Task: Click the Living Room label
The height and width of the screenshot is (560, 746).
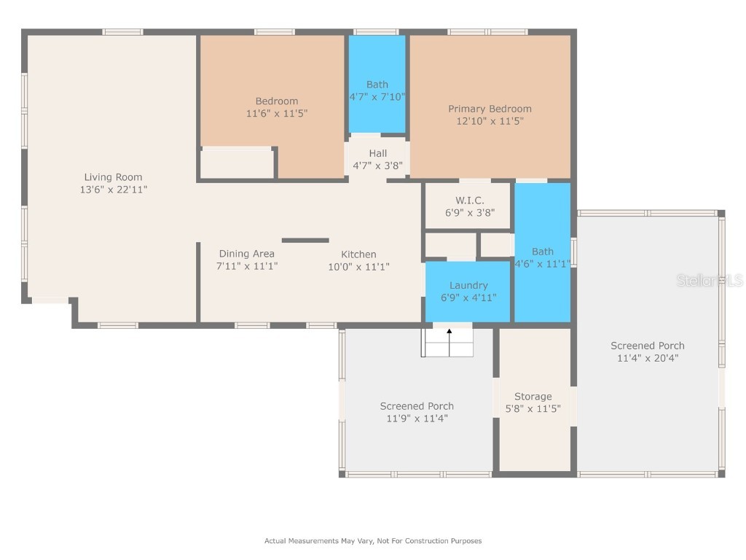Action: click(113, 176)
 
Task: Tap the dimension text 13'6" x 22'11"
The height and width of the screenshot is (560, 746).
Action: click(113, 190)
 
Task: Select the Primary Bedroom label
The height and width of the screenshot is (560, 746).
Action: click(490, 109)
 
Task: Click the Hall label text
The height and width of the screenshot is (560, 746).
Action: click(377, 153)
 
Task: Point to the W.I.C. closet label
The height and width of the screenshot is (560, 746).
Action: click(469, 201)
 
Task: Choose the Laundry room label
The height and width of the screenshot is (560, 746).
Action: click(468, 285)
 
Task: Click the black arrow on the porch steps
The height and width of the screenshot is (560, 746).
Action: click(449, 332)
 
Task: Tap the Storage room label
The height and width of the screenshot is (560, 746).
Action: click(533, 397)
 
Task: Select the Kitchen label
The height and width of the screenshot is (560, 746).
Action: click(358, 254)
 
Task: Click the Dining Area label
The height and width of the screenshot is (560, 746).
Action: click(247, 254)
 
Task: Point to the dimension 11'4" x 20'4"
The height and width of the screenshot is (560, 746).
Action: click(647, 358)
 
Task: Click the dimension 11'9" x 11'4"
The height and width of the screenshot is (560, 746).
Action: click(417, 419)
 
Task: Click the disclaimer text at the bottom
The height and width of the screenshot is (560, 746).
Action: click(372, 541)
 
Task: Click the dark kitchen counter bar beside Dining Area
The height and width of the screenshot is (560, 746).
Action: click(305, 240)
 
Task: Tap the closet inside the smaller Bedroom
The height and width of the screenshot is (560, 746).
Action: click(236, 163)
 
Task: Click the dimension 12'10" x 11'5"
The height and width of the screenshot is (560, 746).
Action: click(490, 122)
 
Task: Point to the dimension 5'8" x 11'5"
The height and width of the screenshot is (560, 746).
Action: click(533, 409)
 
